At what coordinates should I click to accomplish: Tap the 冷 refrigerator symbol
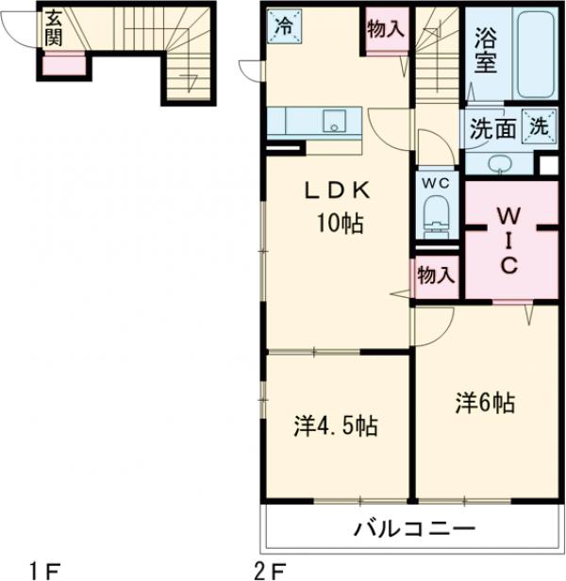tap(284, 26)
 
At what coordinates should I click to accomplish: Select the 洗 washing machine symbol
tap(540, 126)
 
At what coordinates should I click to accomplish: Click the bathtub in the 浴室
tap(536, 55)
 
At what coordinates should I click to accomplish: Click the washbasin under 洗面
tap(500, 164)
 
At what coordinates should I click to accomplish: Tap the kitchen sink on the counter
tap(334, 121)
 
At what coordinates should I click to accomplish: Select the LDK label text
tap(337, 191)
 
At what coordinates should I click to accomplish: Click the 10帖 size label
tap(340, 224)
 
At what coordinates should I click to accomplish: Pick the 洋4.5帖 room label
tap(336, 426)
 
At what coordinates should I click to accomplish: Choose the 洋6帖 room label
tap(486, 403)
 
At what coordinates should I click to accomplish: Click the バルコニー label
tap(414, 528)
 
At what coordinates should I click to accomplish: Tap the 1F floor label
tap(44, 571)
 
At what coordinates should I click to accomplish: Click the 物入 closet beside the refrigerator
tap(386, 29)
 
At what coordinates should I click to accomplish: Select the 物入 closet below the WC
tap(436, 275)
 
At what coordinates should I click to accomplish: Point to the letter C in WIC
tap(509, 265)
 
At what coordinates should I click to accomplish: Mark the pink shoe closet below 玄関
tap(64, 66)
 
